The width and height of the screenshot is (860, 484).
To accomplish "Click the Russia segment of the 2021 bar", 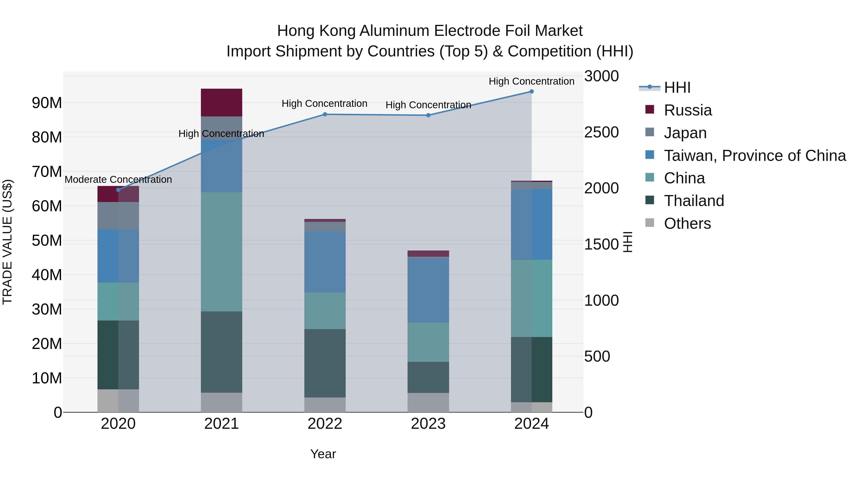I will [221, 103].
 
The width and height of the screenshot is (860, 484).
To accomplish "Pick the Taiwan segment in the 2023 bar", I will [428, 290].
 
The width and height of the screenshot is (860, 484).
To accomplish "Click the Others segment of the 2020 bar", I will [118, 401].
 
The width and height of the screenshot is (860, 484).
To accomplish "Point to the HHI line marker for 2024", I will [532, 92].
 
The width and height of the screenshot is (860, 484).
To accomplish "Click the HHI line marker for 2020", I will [118, 190].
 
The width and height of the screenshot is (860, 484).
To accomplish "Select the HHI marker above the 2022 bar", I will [325, 114].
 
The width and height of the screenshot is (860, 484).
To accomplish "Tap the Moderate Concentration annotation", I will [118, 180].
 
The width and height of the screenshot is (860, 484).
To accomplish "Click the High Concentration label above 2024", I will [532, 82].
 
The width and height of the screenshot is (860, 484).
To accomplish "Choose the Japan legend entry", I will [685, 133].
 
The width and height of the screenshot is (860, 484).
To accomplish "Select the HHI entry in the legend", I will [677, 87].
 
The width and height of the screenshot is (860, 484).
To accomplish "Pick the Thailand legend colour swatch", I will [650, 201].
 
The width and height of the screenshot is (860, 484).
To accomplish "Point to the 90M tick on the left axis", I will [47, 103].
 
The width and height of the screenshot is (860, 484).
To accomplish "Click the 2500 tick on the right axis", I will [601, 132].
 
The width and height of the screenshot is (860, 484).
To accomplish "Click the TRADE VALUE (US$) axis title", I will [7, 242].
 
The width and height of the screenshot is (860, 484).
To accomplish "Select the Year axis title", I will [323, 454].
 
